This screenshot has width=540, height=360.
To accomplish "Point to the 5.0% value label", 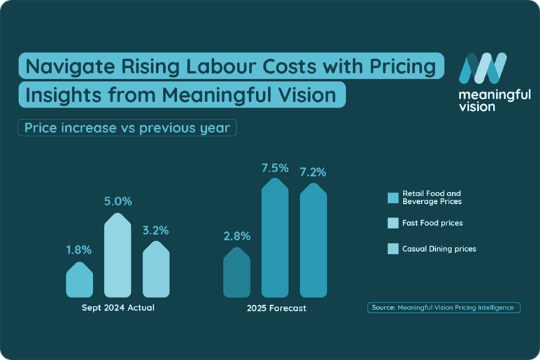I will click(118, 201).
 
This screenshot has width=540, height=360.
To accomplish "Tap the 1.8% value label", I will click(79, 250).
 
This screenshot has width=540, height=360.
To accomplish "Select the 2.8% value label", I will click(237, 236).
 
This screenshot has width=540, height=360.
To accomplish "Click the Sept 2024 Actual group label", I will click(117, 308).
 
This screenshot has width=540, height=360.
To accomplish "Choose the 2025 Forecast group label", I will click(276, 308).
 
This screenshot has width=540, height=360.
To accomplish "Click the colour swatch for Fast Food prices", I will click(393, 223).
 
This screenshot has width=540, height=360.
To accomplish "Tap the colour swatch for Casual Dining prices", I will click(393, 248).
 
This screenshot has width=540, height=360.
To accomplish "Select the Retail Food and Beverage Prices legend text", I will click(431, 198).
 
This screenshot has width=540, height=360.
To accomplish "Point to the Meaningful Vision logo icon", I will click(482, 67).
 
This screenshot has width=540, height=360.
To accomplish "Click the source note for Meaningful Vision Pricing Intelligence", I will click(444, 307).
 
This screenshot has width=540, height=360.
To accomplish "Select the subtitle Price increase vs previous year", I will click(127, 128).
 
